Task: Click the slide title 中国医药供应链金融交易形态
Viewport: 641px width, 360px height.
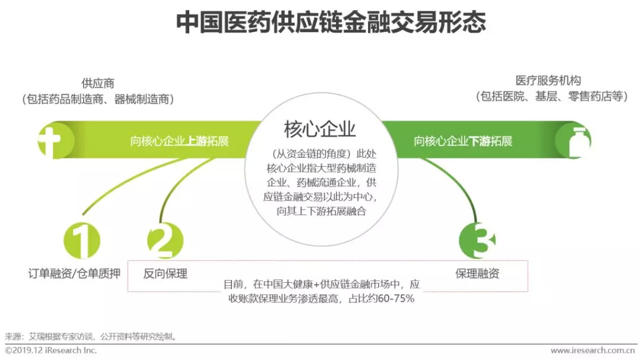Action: [331, 23]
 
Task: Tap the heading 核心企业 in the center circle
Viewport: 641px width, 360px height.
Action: [320, 129]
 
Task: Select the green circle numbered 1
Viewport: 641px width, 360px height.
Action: [82, 241]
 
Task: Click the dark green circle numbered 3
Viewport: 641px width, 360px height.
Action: [477, 241]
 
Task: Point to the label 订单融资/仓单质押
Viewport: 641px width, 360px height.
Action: [74, 273]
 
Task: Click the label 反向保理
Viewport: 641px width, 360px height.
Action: [166, 273]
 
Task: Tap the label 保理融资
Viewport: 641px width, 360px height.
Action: [477, 273]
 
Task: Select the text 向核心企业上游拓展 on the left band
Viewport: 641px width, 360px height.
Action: [179, 141]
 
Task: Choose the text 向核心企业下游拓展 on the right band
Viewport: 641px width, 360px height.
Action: [462, 141]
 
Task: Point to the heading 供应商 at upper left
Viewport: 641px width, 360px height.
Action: [98, 84]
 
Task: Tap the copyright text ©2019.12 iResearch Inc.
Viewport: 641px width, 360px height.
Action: [51, 351]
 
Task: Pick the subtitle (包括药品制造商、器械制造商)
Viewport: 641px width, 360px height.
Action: [98, 99]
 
